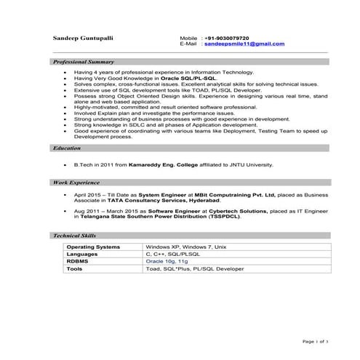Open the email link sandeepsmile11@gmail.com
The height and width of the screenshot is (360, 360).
tap(244, 44)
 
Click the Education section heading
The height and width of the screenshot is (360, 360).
tap(67, 148)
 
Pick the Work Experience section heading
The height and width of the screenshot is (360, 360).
tap(74, 183)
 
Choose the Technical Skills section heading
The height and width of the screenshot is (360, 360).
tap(74, 236)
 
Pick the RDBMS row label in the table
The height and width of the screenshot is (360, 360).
tap(78, 261)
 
